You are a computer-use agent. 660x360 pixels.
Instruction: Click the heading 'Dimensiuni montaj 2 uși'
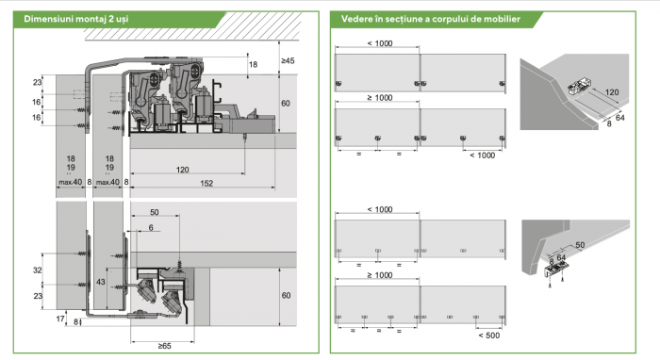pos(76,19)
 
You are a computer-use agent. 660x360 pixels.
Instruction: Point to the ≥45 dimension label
pos(288,60)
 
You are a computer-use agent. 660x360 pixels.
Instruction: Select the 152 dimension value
pos(206,183)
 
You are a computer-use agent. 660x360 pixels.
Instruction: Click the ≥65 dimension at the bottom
pos(165,346)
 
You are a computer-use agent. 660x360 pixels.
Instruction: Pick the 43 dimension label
pos(101,282)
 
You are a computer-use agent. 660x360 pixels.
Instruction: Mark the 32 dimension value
pos(38,270)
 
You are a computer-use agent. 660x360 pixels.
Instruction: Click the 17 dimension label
pos(60,319)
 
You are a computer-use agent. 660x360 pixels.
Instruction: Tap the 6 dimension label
pos(151,227)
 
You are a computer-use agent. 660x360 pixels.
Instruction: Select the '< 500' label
pos(488,335)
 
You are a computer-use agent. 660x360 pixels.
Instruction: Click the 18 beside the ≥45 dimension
pos(253,64)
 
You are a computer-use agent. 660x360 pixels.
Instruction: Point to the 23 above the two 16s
pos(38,82)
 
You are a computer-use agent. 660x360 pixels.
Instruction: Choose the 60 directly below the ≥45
pos(286,103)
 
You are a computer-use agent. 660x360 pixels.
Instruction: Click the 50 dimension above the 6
pos(155,212)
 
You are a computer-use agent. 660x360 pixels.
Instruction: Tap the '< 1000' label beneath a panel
pos(483,155)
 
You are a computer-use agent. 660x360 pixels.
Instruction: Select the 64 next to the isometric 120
pos(620,118)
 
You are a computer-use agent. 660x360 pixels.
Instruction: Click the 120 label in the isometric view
pos(612,92)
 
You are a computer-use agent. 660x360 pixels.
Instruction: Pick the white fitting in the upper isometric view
pos(579,86)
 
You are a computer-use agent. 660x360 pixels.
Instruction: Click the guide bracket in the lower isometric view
pos(556,270)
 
